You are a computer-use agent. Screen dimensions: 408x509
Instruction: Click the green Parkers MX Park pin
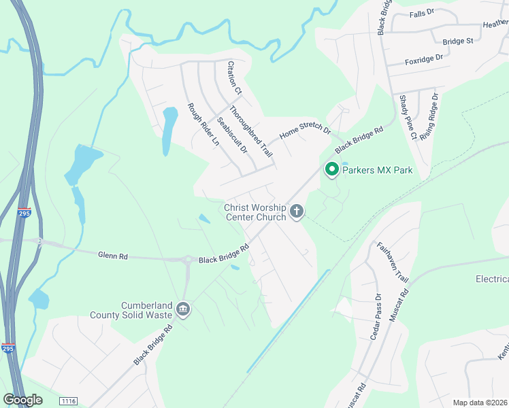pos(332,169)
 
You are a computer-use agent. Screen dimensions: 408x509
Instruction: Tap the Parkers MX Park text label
pos(378,170)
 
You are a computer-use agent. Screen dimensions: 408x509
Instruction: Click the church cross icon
pos(296,211)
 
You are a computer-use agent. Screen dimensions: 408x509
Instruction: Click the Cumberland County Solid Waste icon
pos(182,309)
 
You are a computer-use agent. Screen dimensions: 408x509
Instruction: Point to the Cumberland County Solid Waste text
pos(132,310)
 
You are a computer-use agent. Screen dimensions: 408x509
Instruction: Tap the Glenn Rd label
pos(113,256)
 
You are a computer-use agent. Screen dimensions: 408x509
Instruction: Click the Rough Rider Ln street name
pos(203,126)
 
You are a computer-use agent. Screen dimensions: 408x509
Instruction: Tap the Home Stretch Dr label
pos(304,131)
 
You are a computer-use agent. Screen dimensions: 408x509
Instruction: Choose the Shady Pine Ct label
pos(408,118)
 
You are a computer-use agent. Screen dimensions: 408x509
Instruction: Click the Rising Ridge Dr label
pos(430,117)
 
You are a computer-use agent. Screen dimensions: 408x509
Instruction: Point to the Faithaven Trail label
pos(393,263)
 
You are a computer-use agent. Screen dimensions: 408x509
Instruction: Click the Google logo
pos(23,400)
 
